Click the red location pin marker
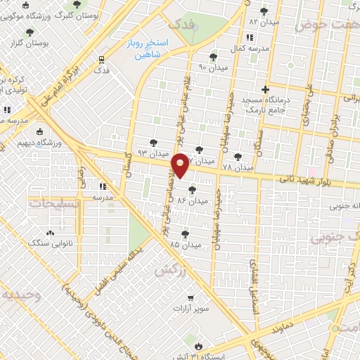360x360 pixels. point(181,165)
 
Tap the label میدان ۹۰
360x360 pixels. point(213,67)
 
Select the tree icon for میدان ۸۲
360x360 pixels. point(264,11)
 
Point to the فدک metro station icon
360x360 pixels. point(102,60)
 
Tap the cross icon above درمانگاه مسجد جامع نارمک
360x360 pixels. point(264,89)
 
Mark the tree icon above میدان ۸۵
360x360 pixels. point(185,234)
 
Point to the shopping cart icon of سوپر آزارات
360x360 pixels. point(189,297)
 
